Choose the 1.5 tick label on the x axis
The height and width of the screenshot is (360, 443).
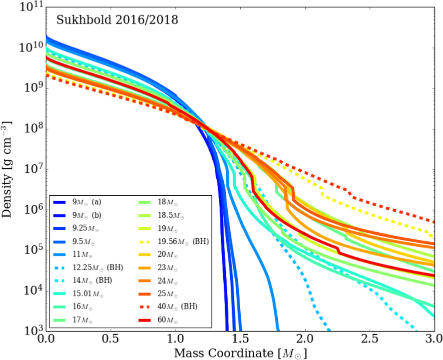[x=240, y=340]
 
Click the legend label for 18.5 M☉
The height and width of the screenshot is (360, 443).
[x=170, y=216]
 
